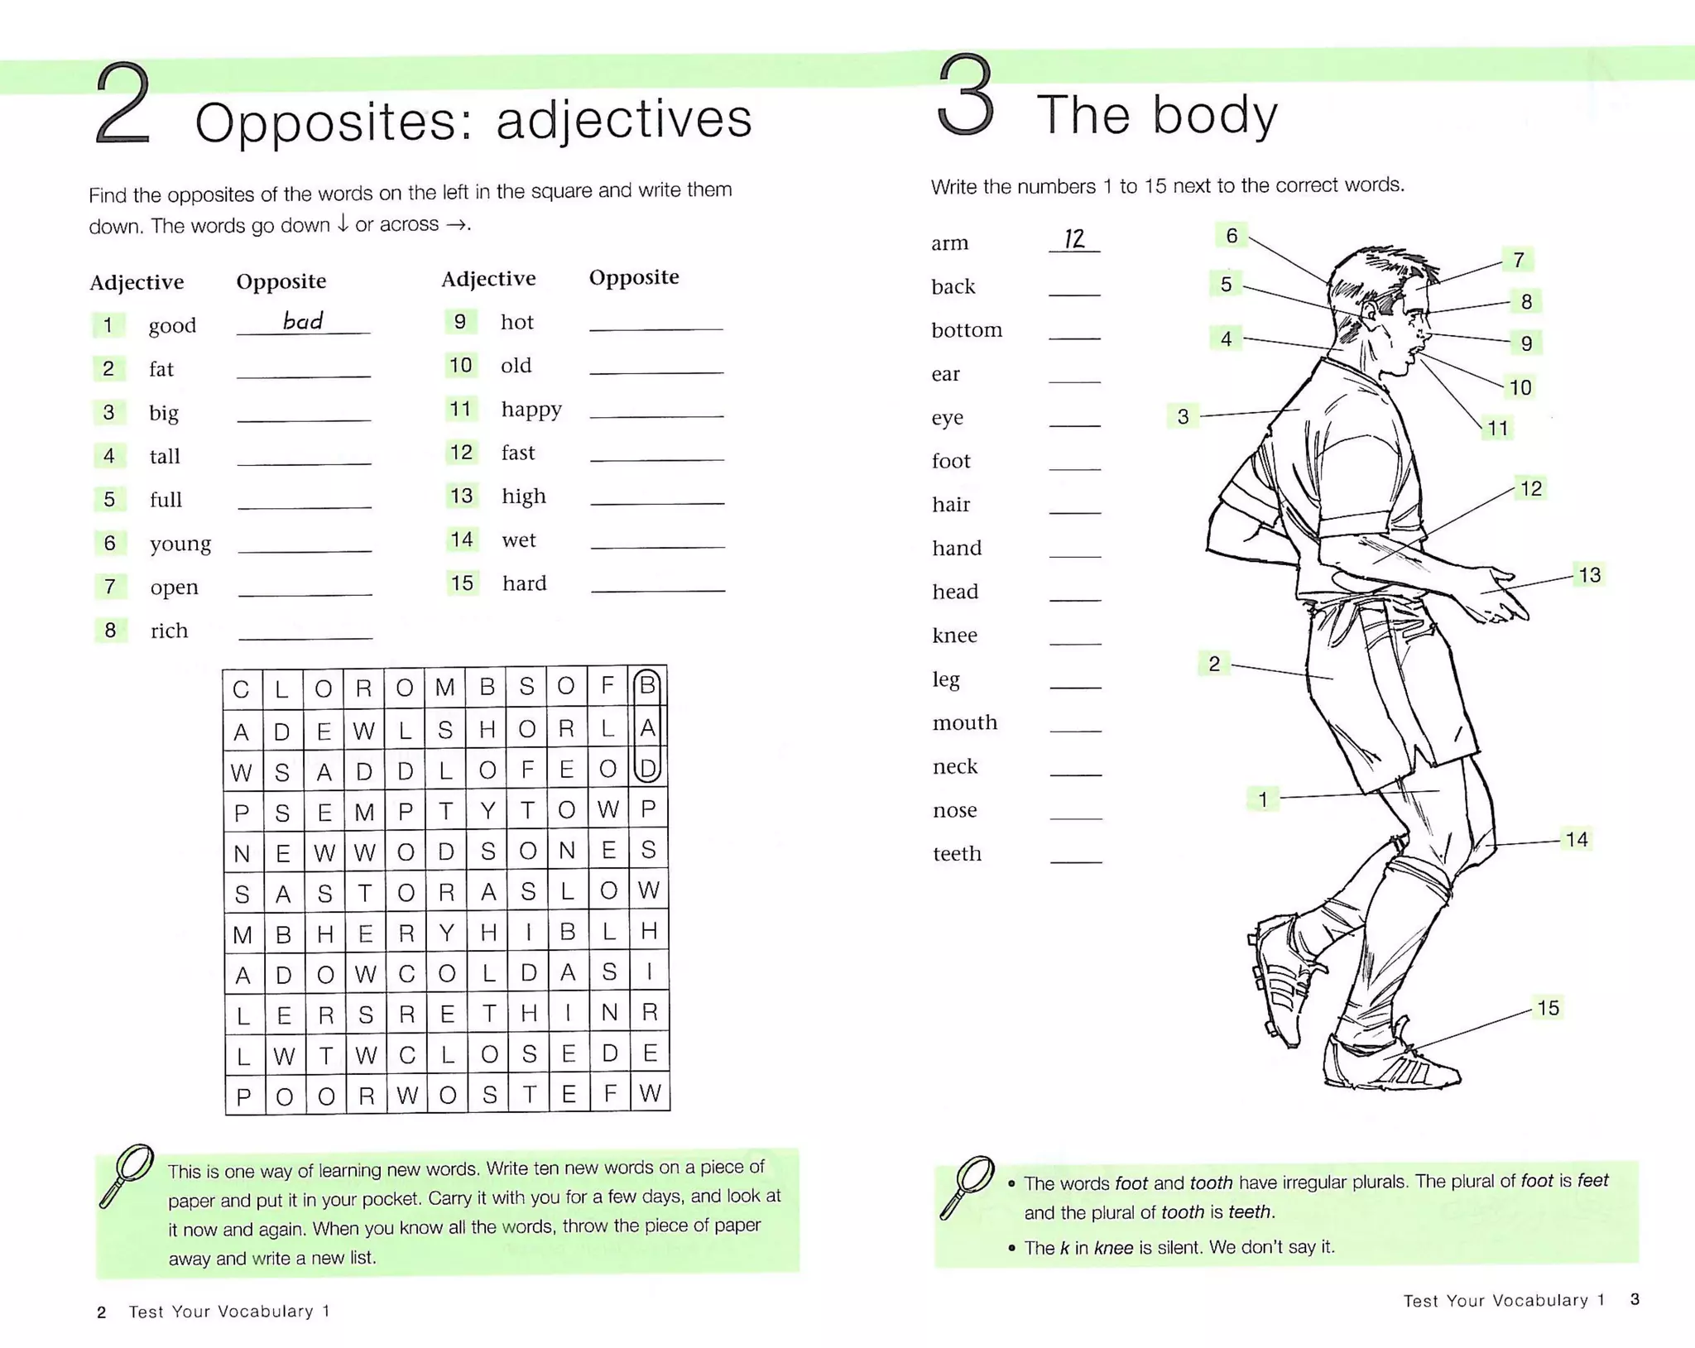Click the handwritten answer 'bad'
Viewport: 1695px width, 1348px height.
point(303,321)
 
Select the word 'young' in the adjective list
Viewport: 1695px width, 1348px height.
point(180,544)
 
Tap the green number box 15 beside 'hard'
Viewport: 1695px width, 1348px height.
point(462,583)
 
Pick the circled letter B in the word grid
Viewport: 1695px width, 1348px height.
point(647,685)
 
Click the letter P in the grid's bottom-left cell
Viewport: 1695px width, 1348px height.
point(243,1097)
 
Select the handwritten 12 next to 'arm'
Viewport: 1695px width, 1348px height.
point(1073,239)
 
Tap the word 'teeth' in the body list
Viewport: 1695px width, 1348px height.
point(957,854)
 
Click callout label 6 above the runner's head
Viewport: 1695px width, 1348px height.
point(1232,236)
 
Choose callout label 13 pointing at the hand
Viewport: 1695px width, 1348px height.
point(1589,575)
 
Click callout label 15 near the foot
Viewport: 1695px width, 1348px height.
point(1548,1008)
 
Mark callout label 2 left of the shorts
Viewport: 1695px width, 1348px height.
point(1214,664)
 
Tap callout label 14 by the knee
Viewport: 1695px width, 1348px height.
point(1576,840)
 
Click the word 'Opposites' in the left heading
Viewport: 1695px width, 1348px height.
point(323,122)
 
